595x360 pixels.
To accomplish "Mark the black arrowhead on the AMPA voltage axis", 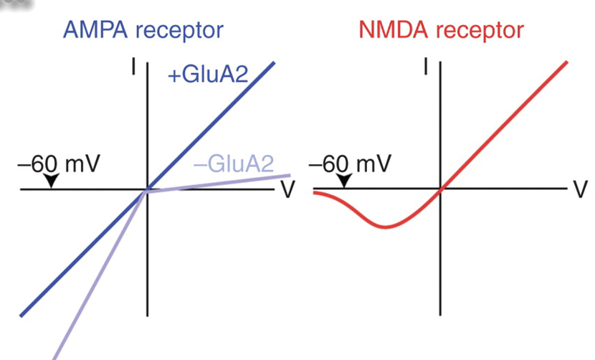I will coord(51,182).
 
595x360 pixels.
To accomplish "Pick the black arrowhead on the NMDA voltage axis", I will coord(344,182).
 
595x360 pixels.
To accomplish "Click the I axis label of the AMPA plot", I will coord(133,67).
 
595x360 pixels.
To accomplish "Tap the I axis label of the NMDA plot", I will coord(427,67).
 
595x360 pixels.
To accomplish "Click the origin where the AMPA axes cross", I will coord(147,190).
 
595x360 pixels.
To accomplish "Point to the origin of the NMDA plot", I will coord(441,190).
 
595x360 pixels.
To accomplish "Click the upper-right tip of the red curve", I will coord(567,62).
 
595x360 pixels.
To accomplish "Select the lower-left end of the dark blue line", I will coord(22,314).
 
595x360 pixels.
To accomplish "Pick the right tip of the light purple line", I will coord(289,174).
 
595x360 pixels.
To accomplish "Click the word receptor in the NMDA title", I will coord(482,31).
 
